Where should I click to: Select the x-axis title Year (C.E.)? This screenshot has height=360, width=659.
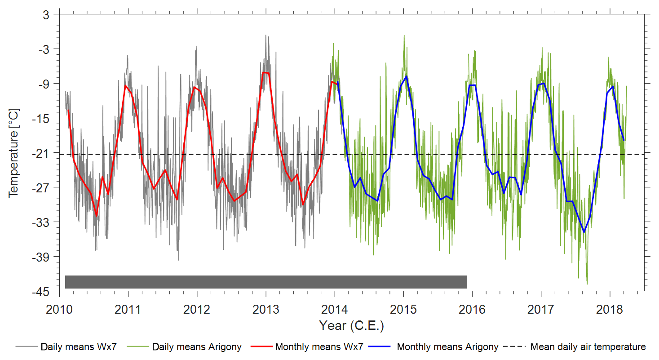351,325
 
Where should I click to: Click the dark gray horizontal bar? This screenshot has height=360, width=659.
266,282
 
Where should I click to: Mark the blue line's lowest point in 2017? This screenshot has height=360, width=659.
584,232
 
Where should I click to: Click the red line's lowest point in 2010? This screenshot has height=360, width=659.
97,216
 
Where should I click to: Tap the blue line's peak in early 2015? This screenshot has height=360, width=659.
406,76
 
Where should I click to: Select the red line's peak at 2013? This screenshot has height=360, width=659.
265,72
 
